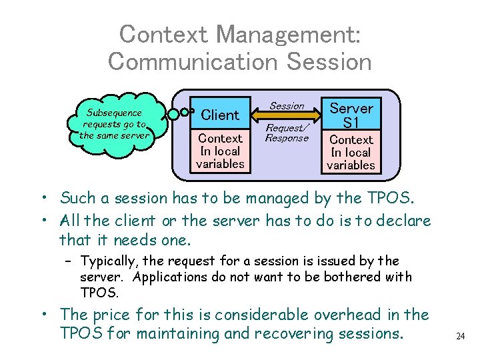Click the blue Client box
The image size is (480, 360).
tap(220, 114)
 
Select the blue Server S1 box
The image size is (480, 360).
tap(351, 115)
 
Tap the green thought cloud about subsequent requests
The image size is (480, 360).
tap(113, 124)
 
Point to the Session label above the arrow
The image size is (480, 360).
tap(287, 105)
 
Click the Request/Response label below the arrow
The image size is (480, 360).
tap(287, 133)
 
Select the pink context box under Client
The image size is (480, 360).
tap(220, 151)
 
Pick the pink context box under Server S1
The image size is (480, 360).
tap(351, 152)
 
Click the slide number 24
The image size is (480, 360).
tap(460, 336)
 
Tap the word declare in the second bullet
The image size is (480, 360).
tap(406, 220)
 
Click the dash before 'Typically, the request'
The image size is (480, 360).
tap(69, 261)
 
